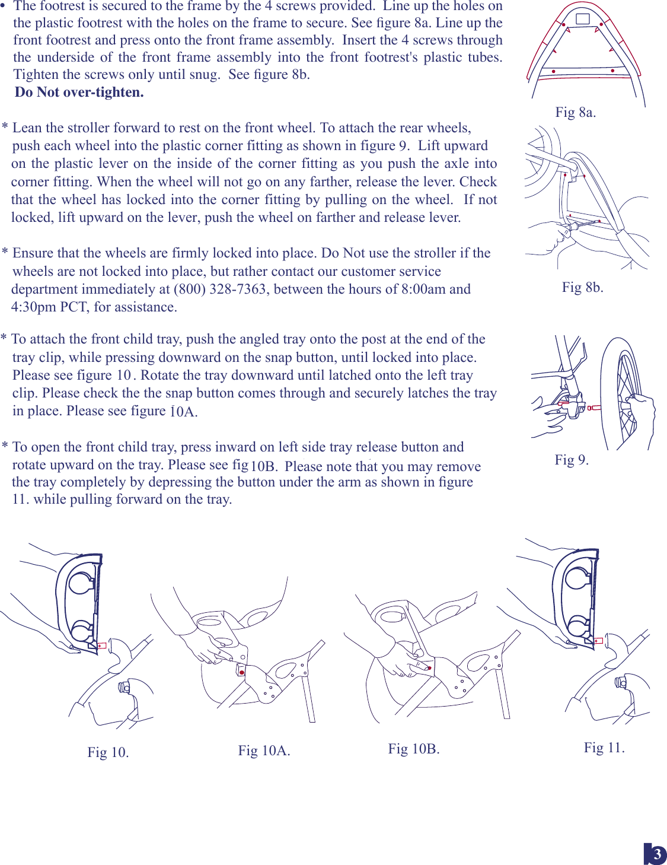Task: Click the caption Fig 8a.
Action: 575,112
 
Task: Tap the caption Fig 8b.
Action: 582,287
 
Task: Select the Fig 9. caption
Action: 571,460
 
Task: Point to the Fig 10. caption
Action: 108,752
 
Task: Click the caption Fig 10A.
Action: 264,750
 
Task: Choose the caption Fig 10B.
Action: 414,749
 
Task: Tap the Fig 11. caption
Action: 604,748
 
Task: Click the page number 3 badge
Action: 656,854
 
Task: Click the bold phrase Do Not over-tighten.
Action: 79,92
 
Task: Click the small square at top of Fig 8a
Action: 583,18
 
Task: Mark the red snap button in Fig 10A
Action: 242,672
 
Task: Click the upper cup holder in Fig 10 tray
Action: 81,582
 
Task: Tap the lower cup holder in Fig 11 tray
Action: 577,627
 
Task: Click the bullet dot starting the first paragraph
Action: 3,6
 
